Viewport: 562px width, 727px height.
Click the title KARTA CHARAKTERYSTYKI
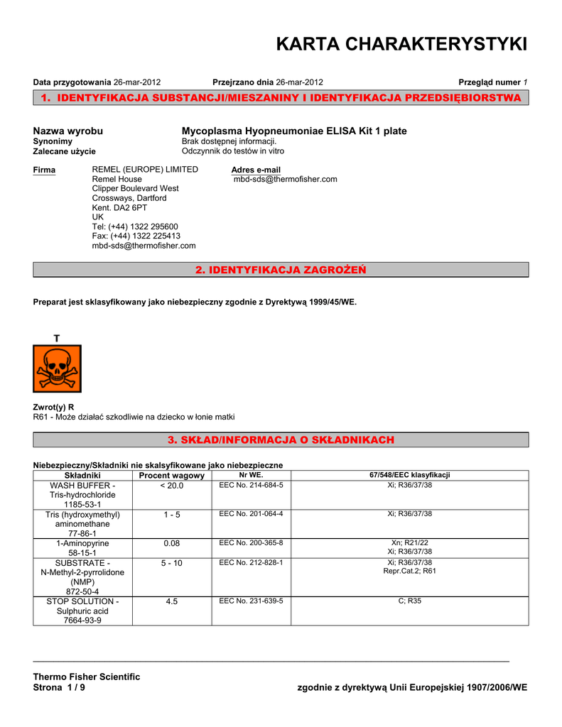401,45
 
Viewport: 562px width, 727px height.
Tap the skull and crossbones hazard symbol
57,368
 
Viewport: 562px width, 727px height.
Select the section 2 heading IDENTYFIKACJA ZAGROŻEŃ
281,270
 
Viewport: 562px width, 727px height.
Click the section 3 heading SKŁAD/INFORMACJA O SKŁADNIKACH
281,440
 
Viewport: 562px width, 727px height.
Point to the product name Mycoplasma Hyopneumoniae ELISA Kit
294,131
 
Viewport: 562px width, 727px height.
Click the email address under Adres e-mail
286,180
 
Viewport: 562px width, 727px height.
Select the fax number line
136,236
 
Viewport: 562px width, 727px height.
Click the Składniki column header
82,475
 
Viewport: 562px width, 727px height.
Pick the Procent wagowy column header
171,475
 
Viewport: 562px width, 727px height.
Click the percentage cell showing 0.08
171,543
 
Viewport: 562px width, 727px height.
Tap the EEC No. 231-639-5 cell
251,601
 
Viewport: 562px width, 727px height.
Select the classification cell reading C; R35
409,601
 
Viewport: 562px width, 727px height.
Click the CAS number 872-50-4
82,591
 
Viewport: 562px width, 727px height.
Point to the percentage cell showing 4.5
171,601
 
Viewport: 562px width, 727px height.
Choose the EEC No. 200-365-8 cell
251,542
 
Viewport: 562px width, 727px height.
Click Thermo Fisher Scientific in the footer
87,677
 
